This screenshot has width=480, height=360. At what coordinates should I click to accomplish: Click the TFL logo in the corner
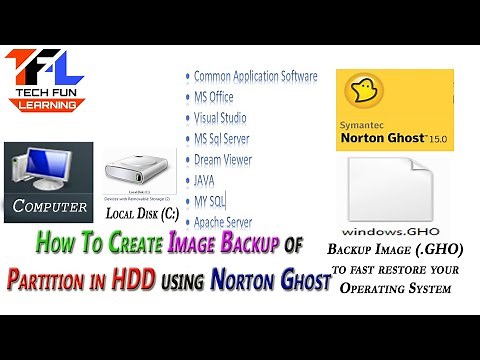pos(45,79)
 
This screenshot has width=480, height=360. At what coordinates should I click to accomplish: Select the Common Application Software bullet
pos(255,76)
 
